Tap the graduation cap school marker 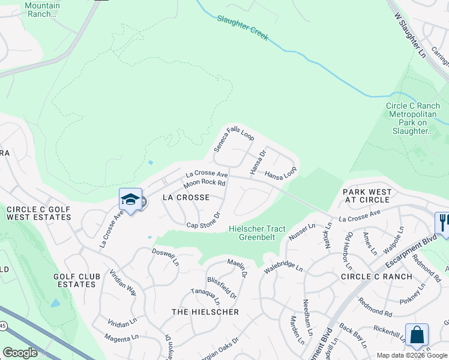[130, 200]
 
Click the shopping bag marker [417, 335]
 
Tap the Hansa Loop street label [281, 175]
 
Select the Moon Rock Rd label [204, 182]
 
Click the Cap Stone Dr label [203, 220]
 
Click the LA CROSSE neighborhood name [187, 197]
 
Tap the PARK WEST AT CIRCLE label [367, 196]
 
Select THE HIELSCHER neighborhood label [205, 312]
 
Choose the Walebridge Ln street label [284, 264]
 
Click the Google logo [20, 353]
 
